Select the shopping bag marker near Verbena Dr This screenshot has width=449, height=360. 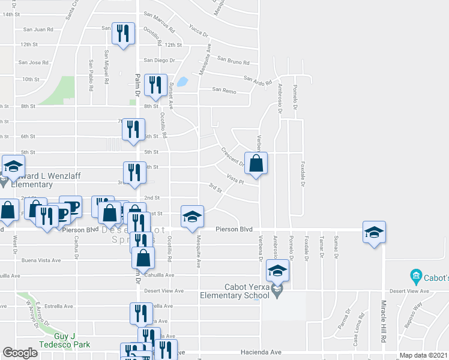pos(256,163)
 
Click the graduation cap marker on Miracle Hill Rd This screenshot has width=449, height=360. pos(373,232)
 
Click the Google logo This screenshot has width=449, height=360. pos(20,353)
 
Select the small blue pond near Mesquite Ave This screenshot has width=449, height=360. pos(182,81)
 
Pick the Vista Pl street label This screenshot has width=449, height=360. pos(235,179)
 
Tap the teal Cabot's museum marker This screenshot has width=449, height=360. pos(415,277)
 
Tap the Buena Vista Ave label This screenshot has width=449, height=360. pos(41,260)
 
